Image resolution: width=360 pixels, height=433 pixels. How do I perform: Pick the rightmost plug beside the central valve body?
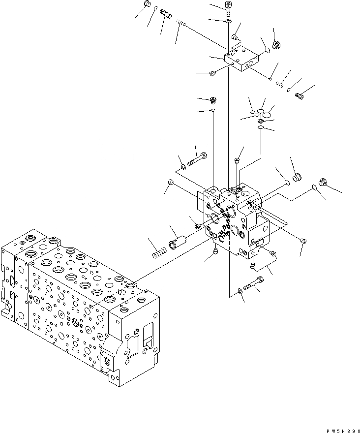323,182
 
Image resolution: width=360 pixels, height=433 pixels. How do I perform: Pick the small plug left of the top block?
212,74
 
